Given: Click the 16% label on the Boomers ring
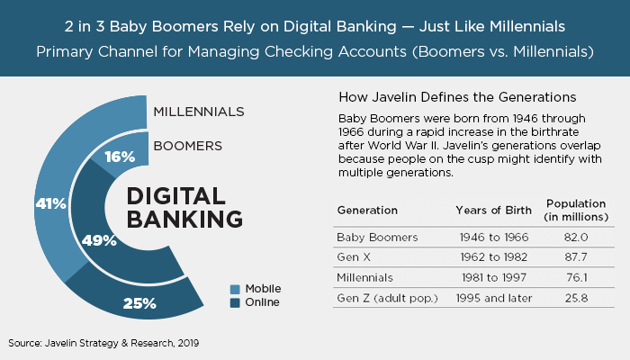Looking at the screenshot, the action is point(120,157).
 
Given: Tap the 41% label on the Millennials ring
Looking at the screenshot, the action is point(50,203).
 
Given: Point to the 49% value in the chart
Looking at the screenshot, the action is point(99,240).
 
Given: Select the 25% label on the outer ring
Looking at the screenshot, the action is point(139,303).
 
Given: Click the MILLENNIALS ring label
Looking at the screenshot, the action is point(199,112).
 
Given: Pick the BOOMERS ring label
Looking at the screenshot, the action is point(187,146).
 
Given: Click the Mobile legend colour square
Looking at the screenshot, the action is point(235,289).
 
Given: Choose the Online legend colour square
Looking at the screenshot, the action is point(235,302).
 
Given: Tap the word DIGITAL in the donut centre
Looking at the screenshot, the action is point(176,196).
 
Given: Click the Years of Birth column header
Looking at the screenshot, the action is point(493,210).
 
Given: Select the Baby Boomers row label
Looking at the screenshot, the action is point(377,238).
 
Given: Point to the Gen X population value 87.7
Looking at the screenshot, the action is point(576,257).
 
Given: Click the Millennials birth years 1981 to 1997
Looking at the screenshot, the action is point(494,277).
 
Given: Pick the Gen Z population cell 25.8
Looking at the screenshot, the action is point(576,298).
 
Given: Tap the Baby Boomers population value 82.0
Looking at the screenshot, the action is point(576,237).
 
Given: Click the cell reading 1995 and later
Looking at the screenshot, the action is point(494,298).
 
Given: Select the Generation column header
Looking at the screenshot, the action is point(367,210).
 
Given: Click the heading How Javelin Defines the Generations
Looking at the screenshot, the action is point(457,97).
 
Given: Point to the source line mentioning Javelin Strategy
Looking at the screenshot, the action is point(103,343).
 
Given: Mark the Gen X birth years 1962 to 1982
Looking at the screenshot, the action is point(494,257).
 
